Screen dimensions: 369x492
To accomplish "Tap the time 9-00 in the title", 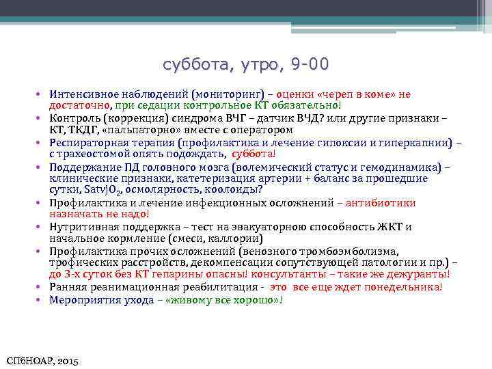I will pyautogui.click(x=310, y=65).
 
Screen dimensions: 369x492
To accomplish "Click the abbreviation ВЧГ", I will pyautogui.click(x=237, y=118).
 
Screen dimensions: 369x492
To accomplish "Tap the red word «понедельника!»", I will pyautogui.click(x=409, y=287).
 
